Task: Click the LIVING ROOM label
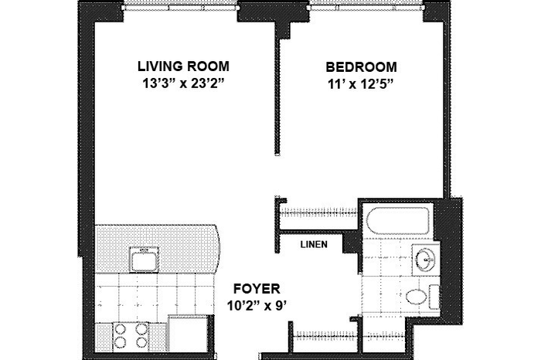[x=183, y=66]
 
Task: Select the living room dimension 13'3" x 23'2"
[x=184, y=83]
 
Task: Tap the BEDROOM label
[x=361, y=67]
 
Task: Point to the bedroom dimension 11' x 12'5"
[x=361, y=83]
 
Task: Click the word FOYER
[x=257, y=288]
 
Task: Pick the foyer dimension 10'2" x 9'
[x=257, y=305]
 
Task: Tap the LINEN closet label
[x=314, y=244]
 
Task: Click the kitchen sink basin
[x=145, y=260]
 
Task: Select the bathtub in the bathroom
[x=399, y=220]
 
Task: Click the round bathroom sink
[x=425, y=257]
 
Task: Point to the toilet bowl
[x=415, y=297]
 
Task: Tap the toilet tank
[x=434, y=297]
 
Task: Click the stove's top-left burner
[x=120, y=328]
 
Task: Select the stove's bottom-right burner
[x=141, y=342]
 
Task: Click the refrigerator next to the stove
[x=189, y=334]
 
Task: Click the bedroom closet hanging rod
[x=318, y=213]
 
